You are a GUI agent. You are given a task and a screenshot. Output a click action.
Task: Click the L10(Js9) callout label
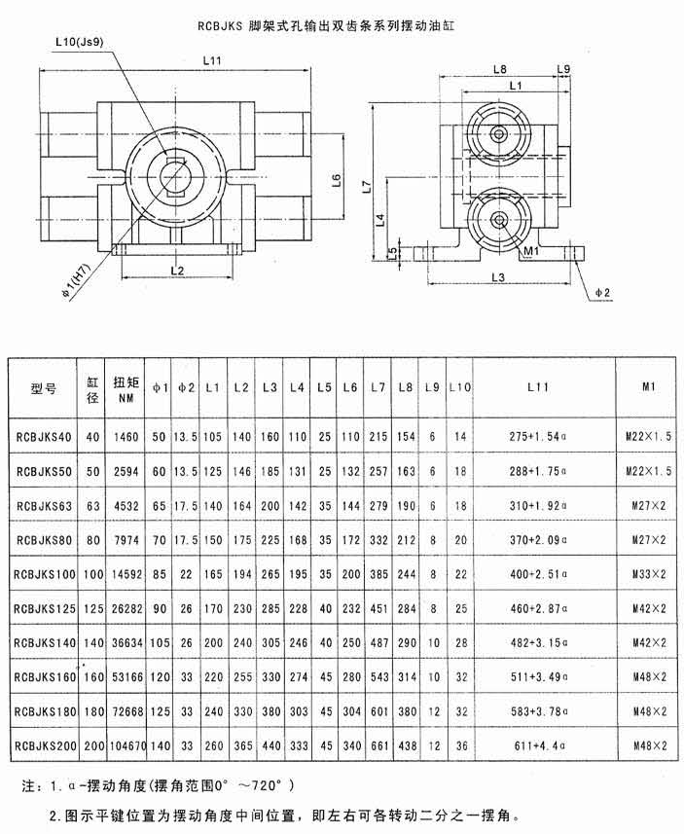[x=79, y=43]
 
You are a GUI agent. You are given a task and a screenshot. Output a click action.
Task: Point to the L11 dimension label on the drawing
[x=212, y=60]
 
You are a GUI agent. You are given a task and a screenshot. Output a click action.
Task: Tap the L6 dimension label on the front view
[x=336, y=180]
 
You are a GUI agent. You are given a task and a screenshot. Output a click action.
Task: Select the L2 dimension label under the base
[x=177, y=271]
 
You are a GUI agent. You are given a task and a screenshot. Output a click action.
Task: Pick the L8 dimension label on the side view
[x=499, y=69]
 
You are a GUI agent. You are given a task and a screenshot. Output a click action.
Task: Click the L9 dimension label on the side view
[x=563, y=69]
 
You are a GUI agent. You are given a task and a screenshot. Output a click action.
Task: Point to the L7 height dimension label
[x=366, y=186]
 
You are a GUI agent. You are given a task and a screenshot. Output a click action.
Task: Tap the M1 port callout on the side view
[x=531, y=250]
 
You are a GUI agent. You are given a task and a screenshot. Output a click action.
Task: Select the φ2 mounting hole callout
[x=602, y=292]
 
